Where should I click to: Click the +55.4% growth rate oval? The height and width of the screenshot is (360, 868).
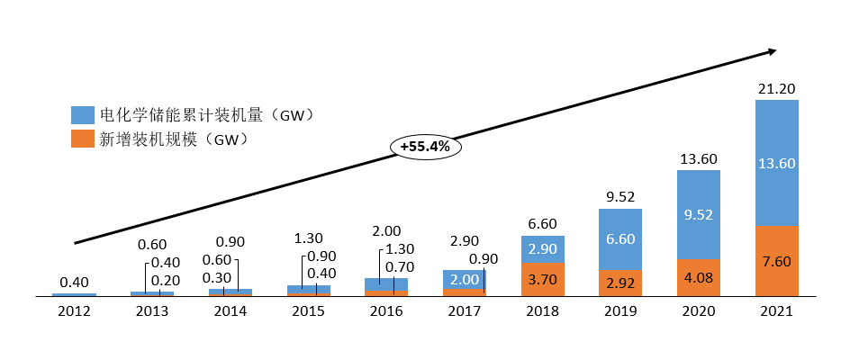(x=425, y=145)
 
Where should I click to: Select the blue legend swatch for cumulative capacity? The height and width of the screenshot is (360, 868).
(x=82, y=115)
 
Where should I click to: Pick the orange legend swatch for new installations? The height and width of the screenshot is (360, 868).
(x=82, y=139)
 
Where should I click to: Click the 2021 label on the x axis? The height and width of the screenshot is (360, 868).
(x=776, y=311)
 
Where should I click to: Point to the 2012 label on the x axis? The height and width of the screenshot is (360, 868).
(x=74, y=311)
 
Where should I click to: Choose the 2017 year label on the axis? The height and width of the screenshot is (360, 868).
(x=464, y=311)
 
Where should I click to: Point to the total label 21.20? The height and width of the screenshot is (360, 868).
(x=776, y=87)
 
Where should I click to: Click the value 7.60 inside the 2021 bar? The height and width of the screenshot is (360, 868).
(x=776, y=261)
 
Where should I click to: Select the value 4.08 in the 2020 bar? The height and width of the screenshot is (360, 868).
(x=699, y=277)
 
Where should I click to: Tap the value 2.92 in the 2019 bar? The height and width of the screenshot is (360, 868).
(x=620, y=283)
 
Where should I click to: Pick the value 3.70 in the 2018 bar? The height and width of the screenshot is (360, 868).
(x=542, y=279)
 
